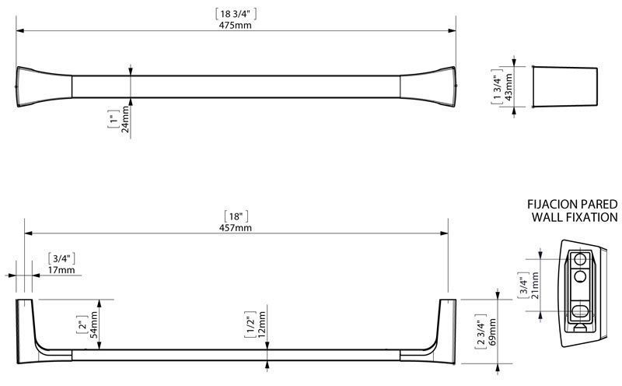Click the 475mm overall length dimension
[x=236, y=25]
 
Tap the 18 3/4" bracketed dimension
[x=236, y=14]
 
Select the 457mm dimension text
[x=236, y=228]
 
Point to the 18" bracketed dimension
[x=236, y=216]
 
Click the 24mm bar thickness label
[x=125, y=119]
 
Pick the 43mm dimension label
[x=508, y=87]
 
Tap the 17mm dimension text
[x=61, y=270]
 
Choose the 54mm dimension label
[x=93, y=325]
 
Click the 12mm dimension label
[x=261, y=325]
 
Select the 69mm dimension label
[x=492, y=332]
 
